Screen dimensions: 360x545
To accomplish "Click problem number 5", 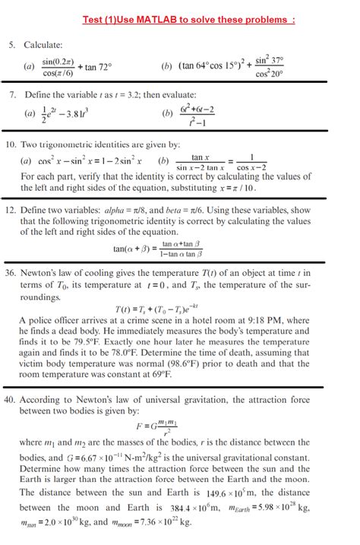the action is coord(12,46).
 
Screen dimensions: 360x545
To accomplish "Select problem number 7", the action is coord(12,96).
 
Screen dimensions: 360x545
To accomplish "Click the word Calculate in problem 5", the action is coord(43,46).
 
